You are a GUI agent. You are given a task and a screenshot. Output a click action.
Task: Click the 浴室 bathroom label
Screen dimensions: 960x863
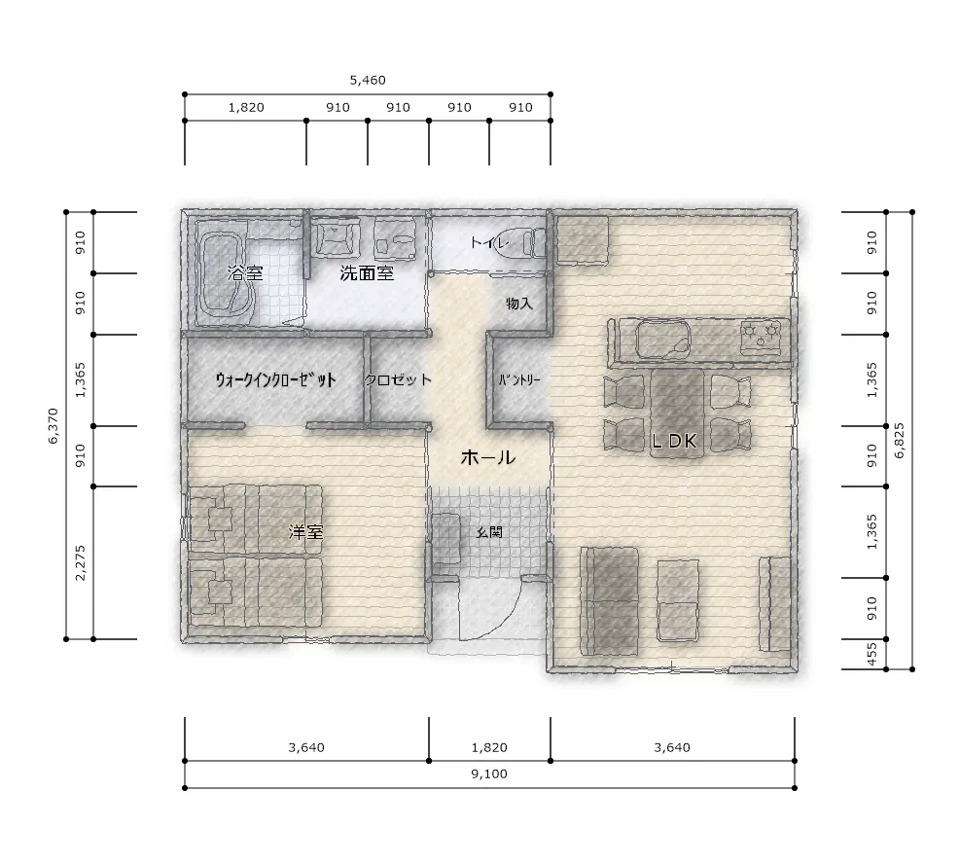point(245,272)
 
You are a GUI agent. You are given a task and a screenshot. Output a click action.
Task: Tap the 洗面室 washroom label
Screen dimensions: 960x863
point(367,273)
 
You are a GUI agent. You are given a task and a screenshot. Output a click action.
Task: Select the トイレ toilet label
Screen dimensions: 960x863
point(490,242)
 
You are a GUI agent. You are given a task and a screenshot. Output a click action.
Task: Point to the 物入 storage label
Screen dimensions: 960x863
point(519,304)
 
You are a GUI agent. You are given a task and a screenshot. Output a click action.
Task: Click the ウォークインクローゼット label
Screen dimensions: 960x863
point(275,379)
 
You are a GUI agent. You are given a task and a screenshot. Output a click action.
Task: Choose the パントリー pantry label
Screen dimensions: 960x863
point(519,379)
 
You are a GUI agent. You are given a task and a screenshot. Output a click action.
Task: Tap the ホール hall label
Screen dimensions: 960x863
point(487,457)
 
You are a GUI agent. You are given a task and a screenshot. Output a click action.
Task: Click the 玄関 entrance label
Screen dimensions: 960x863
point(489,532)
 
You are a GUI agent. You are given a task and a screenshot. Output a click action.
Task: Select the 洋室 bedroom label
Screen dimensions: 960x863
point(306,531)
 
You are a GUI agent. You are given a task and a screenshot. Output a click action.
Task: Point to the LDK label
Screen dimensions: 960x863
point(674,441)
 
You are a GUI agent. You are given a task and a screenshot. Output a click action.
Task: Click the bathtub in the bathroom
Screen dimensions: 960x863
point(224,273)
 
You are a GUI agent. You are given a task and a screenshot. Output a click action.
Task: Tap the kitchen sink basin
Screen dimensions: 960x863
point(662,340)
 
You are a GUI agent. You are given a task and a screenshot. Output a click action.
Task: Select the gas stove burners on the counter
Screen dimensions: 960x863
point(761,338)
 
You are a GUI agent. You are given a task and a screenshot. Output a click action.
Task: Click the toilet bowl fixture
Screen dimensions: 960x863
point(528,242)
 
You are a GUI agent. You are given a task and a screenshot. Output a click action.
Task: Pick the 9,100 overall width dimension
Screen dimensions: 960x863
point(489,773)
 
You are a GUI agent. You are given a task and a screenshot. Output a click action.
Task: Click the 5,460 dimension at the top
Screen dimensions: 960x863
point(368,80)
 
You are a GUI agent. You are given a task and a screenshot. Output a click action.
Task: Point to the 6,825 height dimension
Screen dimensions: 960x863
point(900,441)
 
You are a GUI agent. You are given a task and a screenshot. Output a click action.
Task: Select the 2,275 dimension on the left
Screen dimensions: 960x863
point(80,562)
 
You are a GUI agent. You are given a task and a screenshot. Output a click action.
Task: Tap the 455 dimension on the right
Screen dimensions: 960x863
point(872,654)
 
